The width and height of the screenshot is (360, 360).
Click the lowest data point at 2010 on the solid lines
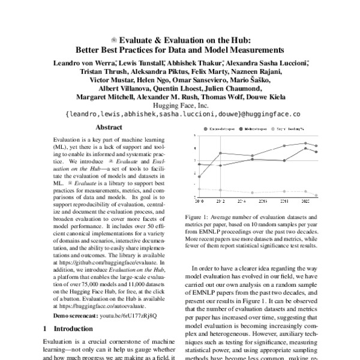(x=199, y=176)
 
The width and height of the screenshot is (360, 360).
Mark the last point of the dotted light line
(x=316, y=196)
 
